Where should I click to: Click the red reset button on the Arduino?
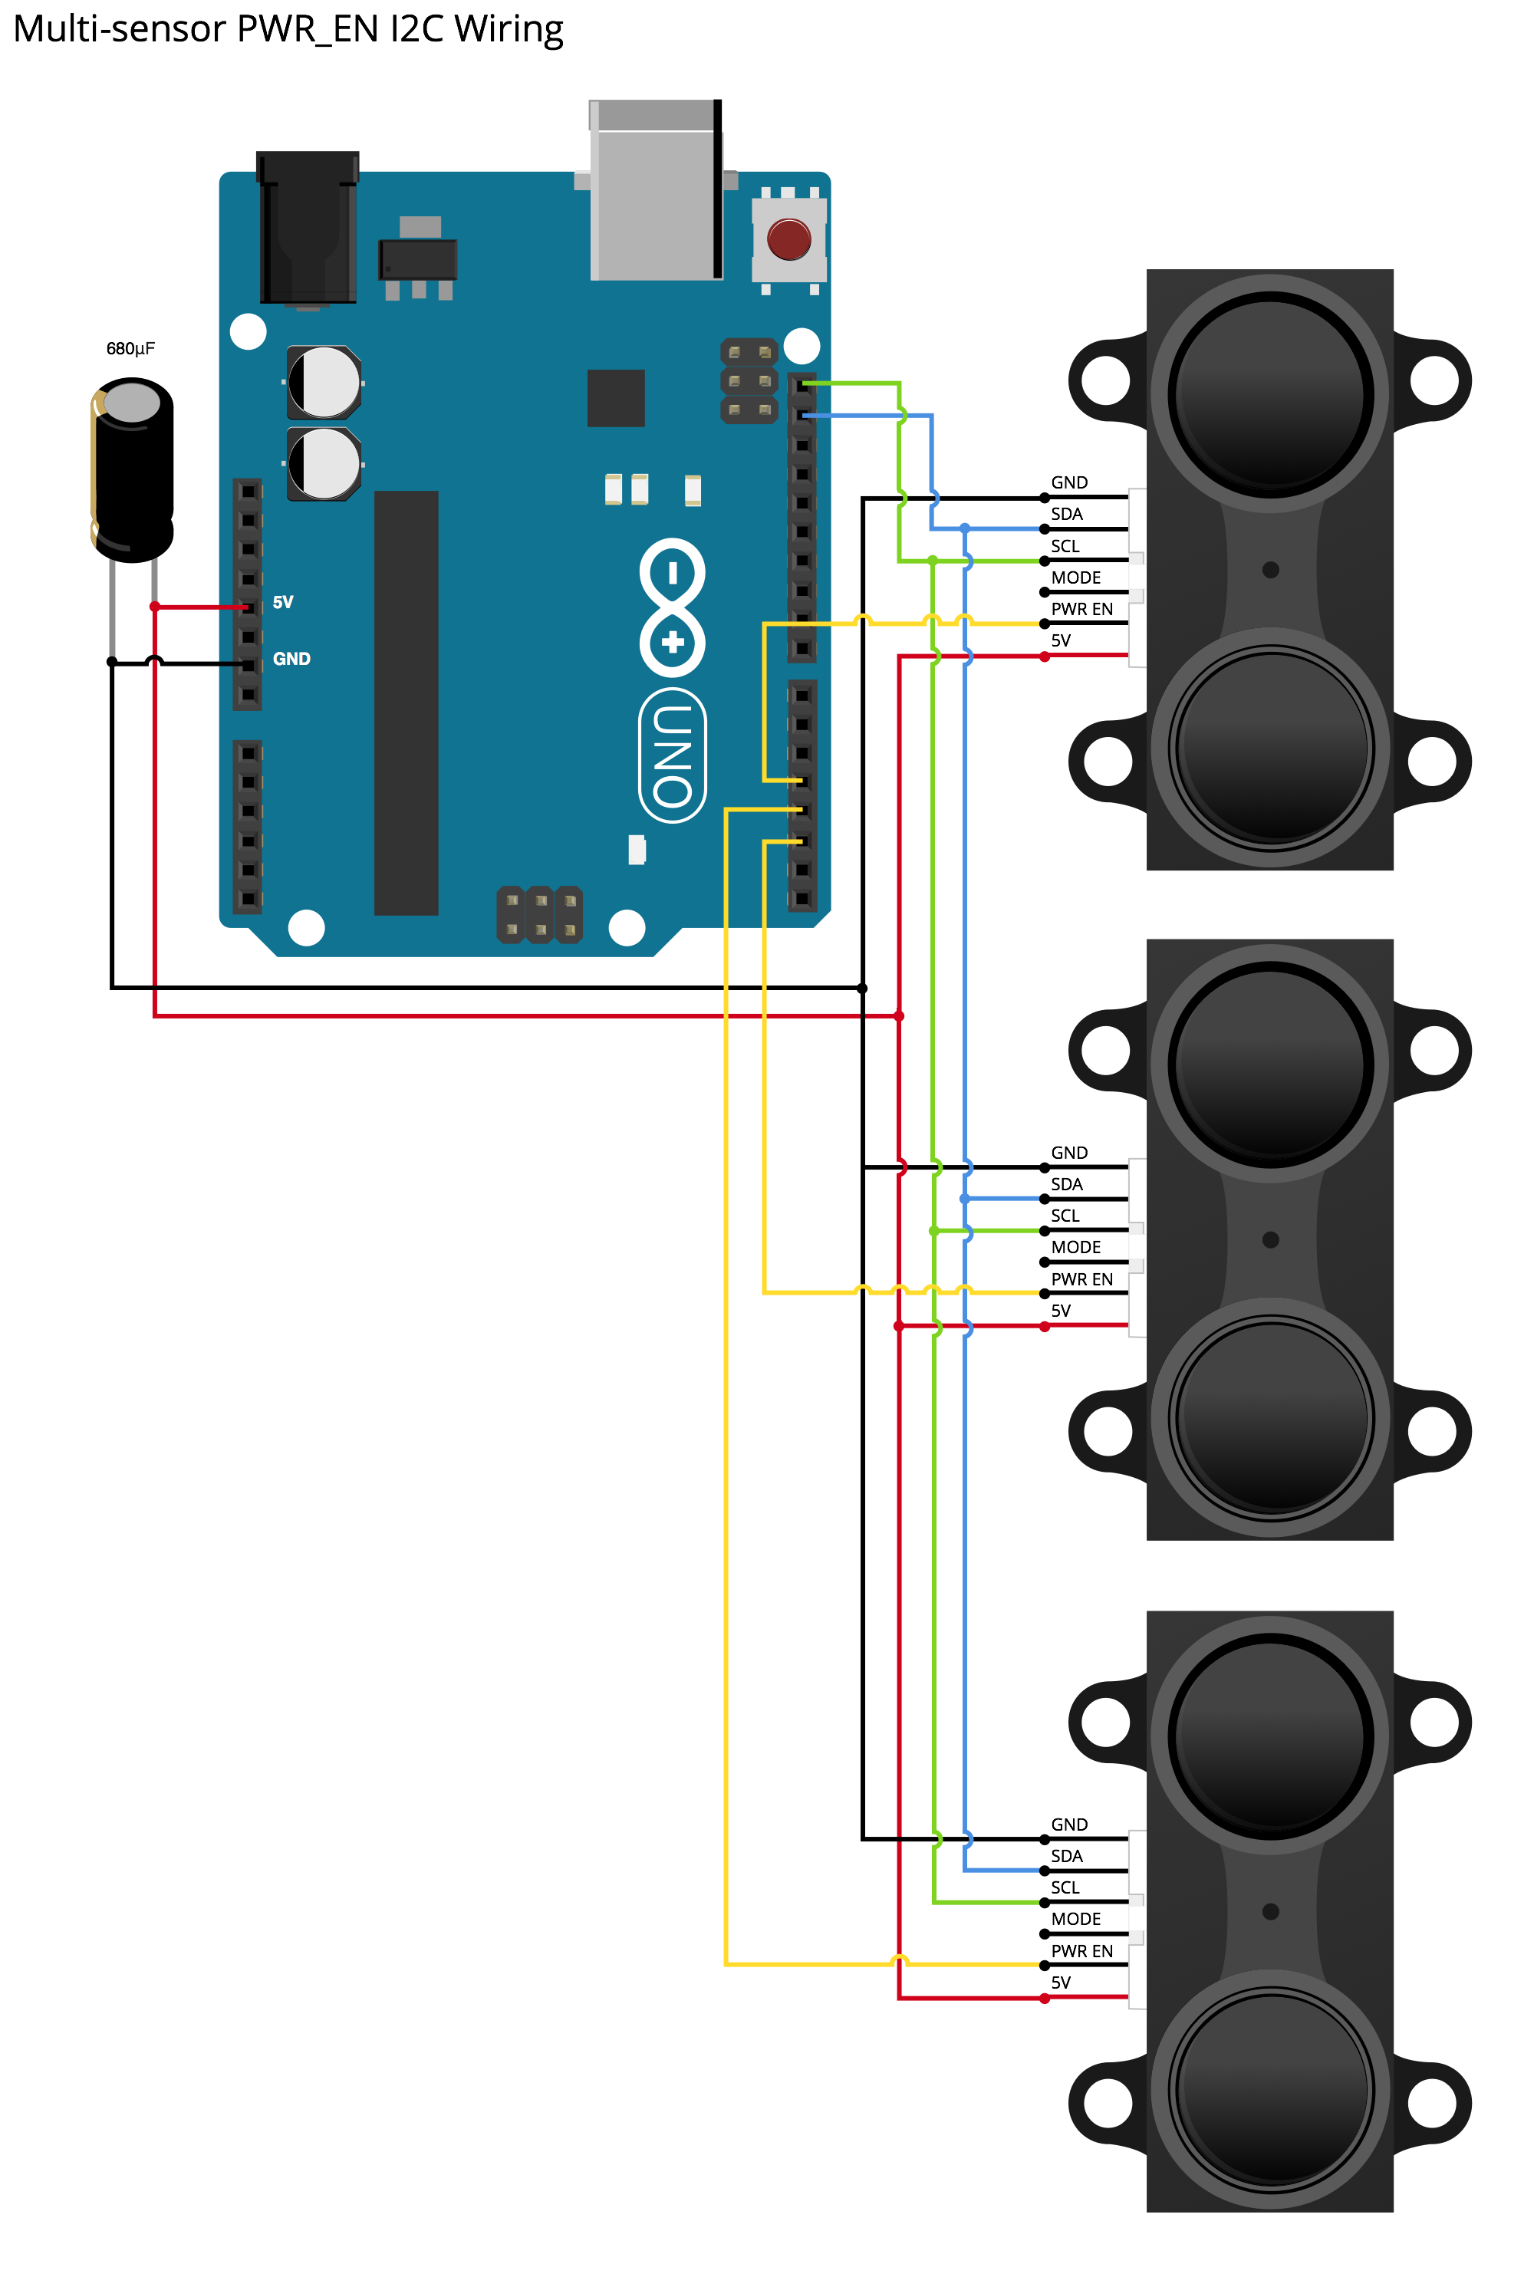point(788,239)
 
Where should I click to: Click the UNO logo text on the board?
point(673,755)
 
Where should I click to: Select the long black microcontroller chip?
point(406,703)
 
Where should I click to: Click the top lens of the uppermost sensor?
point(1270,393)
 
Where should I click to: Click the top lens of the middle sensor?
point(1270,1063)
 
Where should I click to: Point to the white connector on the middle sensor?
point(1137,1247)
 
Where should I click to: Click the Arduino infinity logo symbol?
point(672,607)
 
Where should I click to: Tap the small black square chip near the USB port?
point(615,398)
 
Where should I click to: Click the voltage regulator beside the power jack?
point(419,259)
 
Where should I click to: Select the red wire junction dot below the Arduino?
point(899,1016)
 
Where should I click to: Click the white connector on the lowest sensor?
point(1137,1919)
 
